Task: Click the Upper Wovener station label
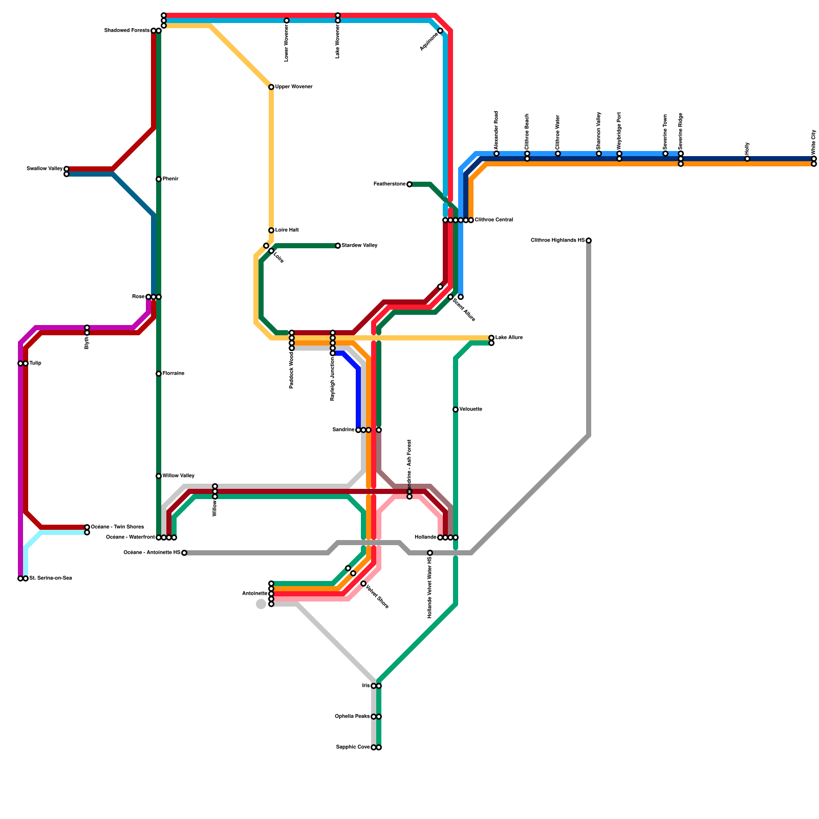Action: click(x=293, y=87)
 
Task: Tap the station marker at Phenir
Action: click(x=159, y=179)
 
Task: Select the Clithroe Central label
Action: click(x=493, y=220)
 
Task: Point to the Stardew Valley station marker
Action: click(x=338, y=246)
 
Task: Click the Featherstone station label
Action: click(x=390, y=184)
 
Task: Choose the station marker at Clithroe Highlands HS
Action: click(x=589, y=241)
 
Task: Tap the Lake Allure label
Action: click(x=509, y=338)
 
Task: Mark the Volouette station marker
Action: click(x=456, y=409)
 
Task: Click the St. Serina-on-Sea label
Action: click(x=51, y=578)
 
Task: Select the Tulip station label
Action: click(x=35, y=363)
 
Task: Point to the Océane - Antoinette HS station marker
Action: click(x=184, y=553)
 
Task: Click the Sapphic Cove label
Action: click(x=353, y=747)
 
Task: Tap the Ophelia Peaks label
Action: click(x=352, y=717)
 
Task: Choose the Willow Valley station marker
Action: click(x=159, y=476)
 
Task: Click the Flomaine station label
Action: click(x=173, y=374)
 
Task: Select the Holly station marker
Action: click(x=747, y=159)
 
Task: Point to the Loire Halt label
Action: click(x=287, y=230)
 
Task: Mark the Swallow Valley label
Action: click(x=45, y=169)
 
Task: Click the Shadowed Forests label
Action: click(x=127, y=31)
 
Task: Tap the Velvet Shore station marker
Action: click(x=363, y=584)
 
